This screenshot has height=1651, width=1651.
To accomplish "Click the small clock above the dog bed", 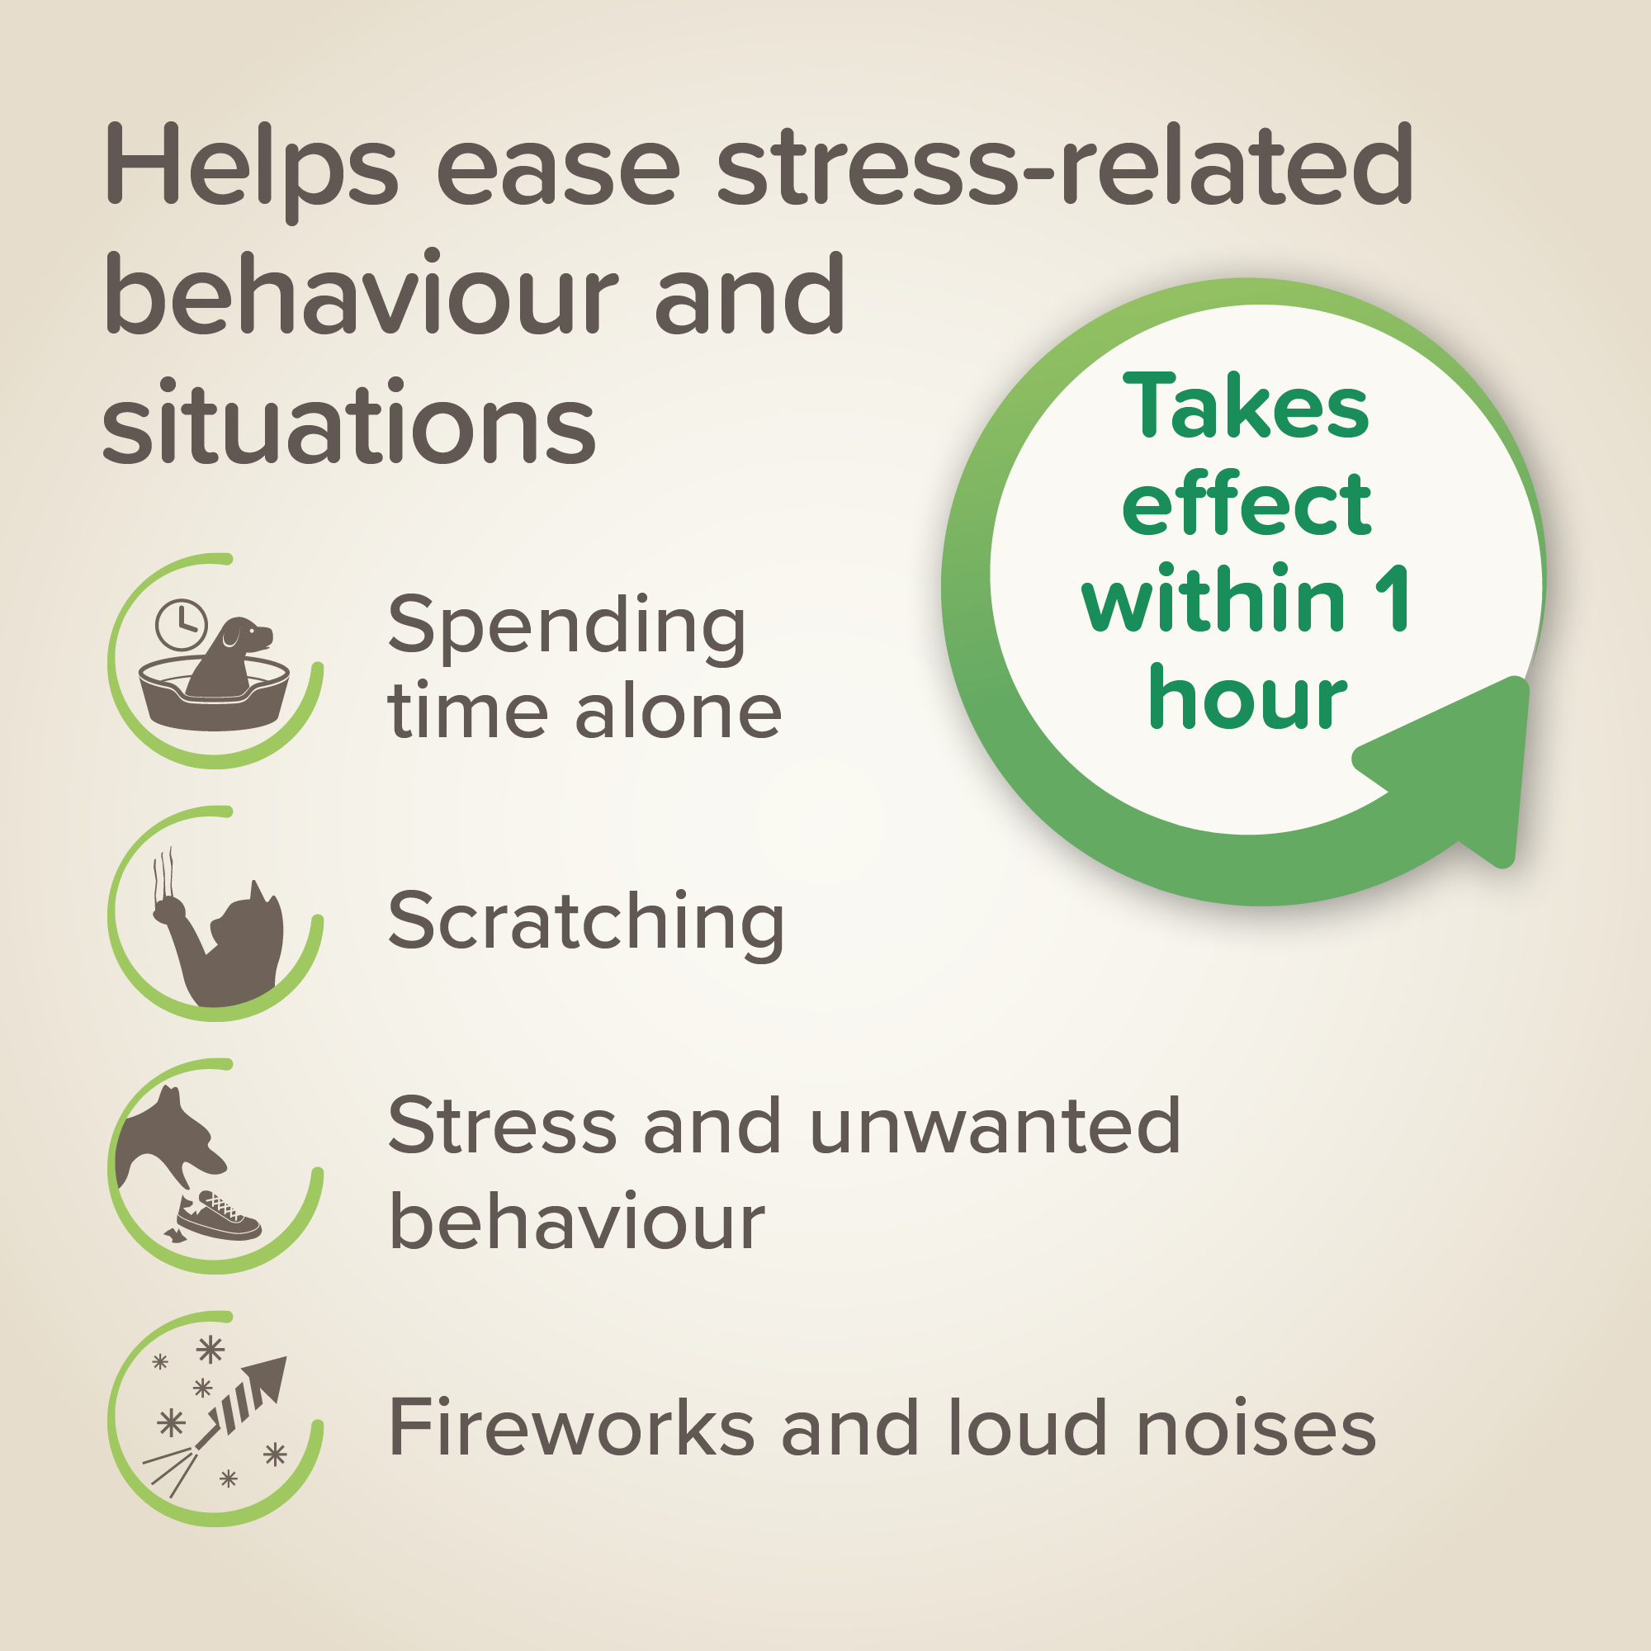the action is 181,625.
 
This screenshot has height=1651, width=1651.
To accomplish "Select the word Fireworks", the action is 571,1427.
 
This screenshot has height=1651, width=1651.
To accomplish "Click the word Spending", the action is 567,629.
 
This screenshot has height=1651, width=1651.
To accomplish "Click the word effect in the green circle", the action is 1247,504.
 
